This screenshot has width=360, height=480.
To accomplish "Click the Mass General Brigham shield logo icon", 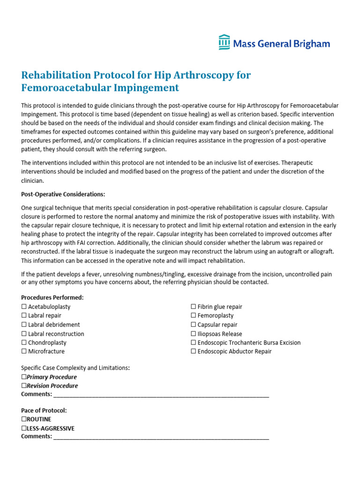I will click(224, 42).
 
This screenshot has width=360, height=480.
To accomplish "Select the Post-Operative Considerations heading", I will click(63, 194).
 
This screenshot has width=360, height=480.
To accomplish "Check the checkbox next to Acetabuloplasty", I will click(24, 307).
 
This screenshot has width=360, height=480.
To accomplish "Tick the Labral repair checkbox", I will click(24, 316).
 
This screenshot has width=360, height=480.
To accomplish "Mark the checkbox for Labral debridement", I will click(24, 325).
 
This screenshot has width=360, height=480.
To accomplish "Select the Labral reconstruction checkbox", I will click(24, 334).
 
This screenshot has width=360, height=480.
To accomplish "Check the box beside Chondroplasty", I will click(24, 343).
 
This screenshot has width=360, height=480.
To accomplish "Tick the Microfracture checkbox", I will click(24, 352).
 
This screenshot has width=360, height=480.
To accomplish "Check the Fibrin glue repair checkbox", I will click(193, 307).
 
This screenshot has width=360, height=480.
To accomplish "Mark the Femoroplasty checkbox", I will click(193, 316).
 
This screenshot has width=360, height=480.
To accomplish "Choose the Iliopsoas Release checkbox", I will click(193, 334).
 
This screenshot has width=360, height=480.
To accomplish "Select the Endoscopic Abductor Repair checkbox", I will click(193, 352).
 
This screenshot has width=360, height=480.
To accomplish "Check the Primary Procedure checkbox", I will click(24, 377).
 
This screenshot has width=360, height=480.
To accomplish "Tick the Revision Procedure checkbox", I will click(24, 386).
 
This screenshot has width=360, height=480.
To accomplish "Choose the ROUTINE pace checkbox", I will click(24, 420).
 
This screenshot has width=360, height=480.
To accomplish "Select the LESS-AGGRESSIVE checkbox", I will click(24, 428).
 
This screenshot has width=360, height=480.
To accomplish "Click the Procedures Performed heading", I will click(52, 298).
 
